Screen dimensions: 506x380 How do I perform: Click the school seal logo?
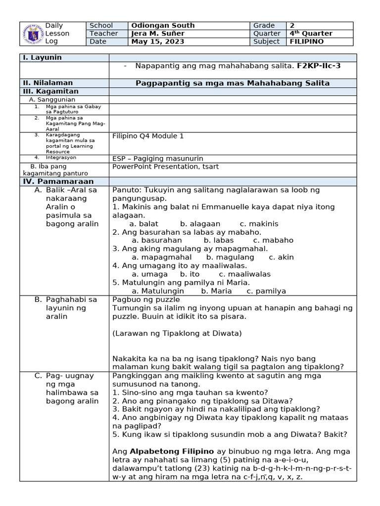(x=33, y=33)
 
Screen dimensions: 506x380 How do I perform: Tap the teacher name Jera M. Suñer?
(x=158, y=34)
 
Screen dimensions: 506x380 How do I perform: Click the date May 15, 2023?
(x=158, y=42)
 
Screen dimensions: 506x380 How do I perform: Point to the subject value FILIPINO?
(x=307, y=42)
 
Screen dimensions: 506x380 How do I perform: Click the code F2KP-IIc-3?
(x=319, y=66)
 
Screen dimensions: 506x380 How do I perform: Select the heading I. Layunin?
(x=42, y=58)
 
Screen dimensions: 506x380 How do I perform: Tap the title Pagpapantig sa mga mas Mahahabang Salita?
(x=233, y=83)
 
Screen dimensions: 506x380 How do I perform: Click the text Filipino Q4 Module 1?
(x=148, y=136)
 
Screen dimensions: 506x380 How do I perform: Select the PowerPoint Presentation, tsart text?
(x=166, y=167)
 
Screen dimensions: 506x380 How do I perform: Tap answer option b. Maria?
(x=217, y=291)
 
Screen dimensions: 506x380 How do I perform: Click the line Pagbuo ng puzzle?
(x=146, y=299)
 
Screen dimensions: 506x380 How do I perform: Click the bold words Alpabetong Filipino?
(x=172, y=452)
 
